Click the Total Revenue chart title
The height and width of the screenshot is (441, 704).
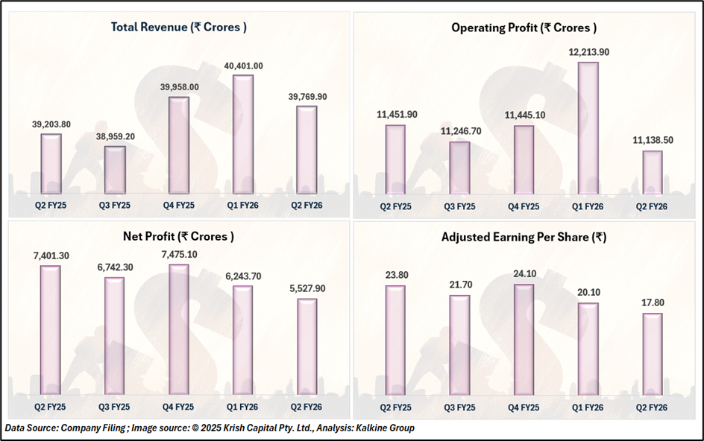click(x=179, y=28)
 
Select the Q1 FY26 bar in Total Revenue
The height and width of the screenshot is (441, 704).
click(x=243, y=134)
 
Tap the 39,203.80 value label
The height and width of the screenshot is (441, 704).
click(x=51, y=124)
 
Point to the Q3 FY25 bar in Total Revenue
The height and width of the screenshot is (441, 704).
click(x=115, y=169)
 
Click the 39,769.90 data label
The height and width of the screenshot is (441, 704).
click(x=307, y=96)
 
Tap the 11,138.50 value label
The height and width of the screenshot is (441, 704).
click(x=652, y=141)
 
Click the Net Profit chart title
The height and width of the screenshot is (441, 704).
click(x=178, y=237)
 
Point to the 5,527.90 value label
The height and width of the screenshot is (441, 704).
click(x=307, y=288)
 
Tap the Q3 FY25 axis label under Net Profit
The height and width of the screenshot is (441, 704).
click(x=115, y=407)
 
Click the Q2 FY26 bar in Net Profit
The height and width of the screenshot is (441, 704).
click(x=307, y=346)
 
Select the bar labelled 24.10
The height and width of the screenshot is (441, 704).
click(x=524, y=339)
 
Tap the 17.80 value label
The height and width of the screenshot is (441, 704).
click(x=652, y=303)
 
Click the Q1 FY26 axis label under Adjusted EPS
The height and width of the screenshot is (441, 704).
click(x=588, y=407)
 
